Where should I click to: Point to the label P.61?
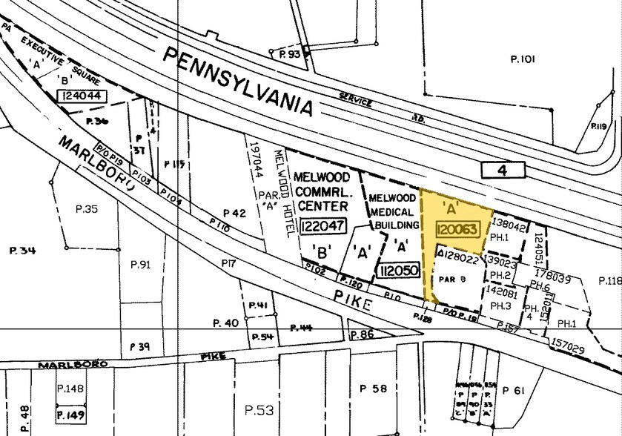point(513,391)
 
